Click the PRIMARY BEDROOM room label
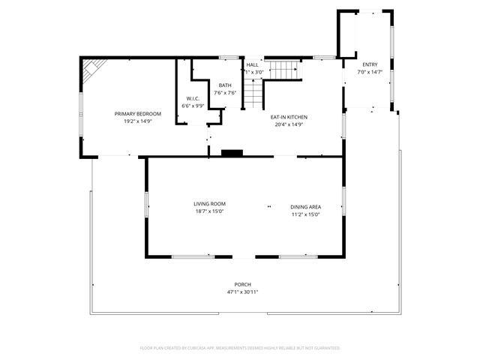coord(137,113)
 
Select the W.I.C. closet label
coord(193,99)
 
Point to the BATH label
coord(225,85)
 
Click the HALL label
coord(252,65)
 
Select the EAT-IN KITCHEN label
coord(289,117)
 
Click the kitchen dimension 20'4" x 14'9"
coord(289,124)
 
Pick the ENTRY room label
coord(370,64)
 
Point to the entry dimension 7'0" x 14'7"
coord(370,72)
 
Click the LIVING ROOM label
coord(209,204)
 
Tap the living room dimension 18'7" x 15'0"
coord(209,211)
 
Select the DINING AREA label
coord(306,207)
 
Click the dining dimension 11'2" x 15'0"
coord(306,214)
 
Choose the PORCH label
coord(243,284)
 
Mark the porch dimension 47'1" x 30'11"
coord(243,292)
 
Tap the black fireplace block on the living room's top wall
coord(232,153)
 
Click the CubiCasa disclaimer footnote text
coord(240,348)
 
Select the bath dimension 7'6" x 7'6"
coord(225,93)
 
